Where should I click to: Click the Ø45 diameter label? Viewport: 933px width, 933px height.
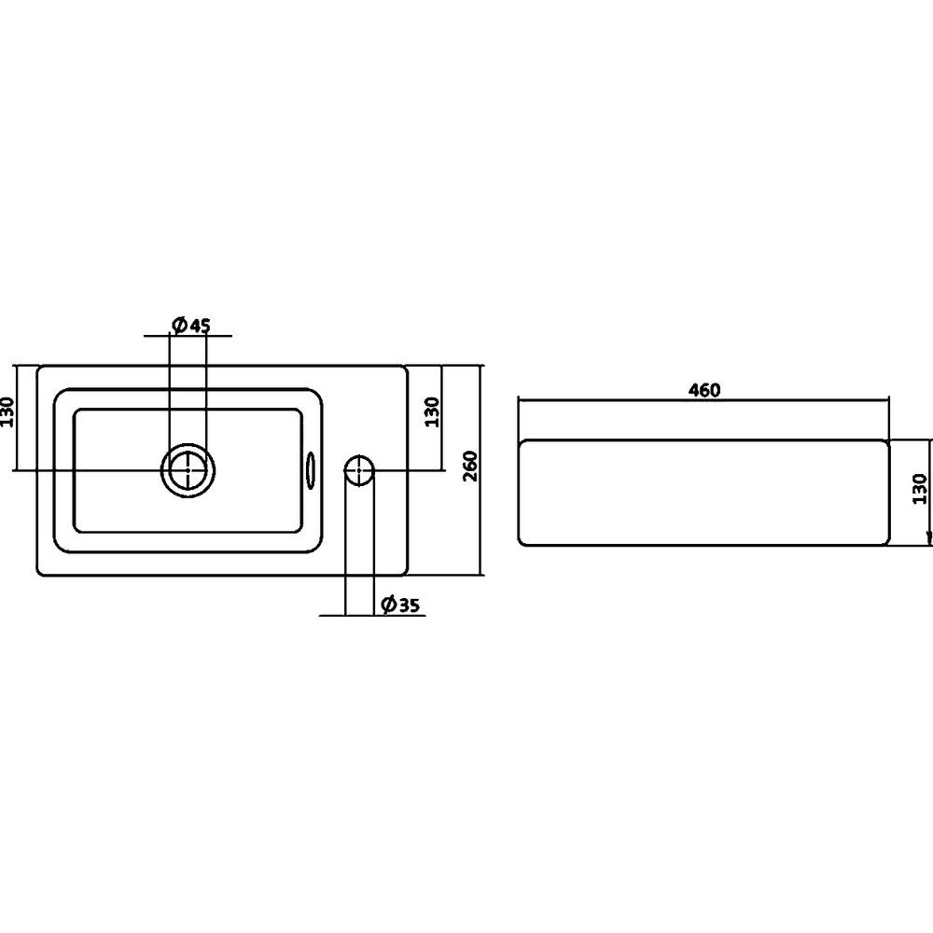pyautogui.click(x=190, y=325)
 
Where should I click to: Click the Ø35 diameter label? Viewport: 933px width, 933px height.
pyautogui.click(x=400, y=605)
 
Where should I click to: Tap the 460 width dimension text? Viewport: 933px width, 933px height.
pyautogui.click(x=703, y=390)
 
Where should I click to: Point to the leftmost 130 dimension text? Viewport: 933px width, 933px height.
pyautogui.click(x=7, y=411)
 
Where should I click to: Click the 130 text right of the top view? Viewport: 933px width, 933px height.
pyautogui.click(x=433, y=411)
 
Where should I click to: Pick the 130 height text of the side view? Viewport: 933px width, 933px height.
pyautogui.click(x=920, y=489)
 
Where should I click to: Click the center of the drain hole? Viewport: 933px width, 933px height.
pyautogui.click(x=188, y=470)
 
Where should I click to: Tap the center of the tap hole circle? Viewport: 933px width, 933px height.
pyautogui.click(x=359, y=470)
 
